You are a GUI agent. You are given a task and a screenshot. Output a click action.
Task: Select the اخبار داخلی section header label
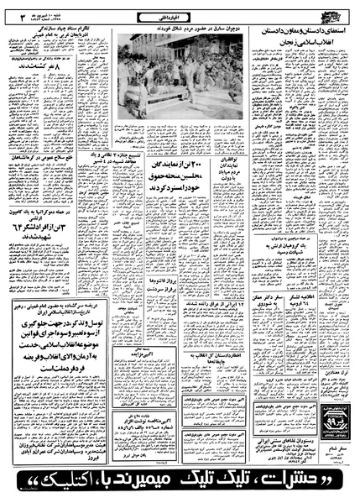(x=180, y=11)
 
